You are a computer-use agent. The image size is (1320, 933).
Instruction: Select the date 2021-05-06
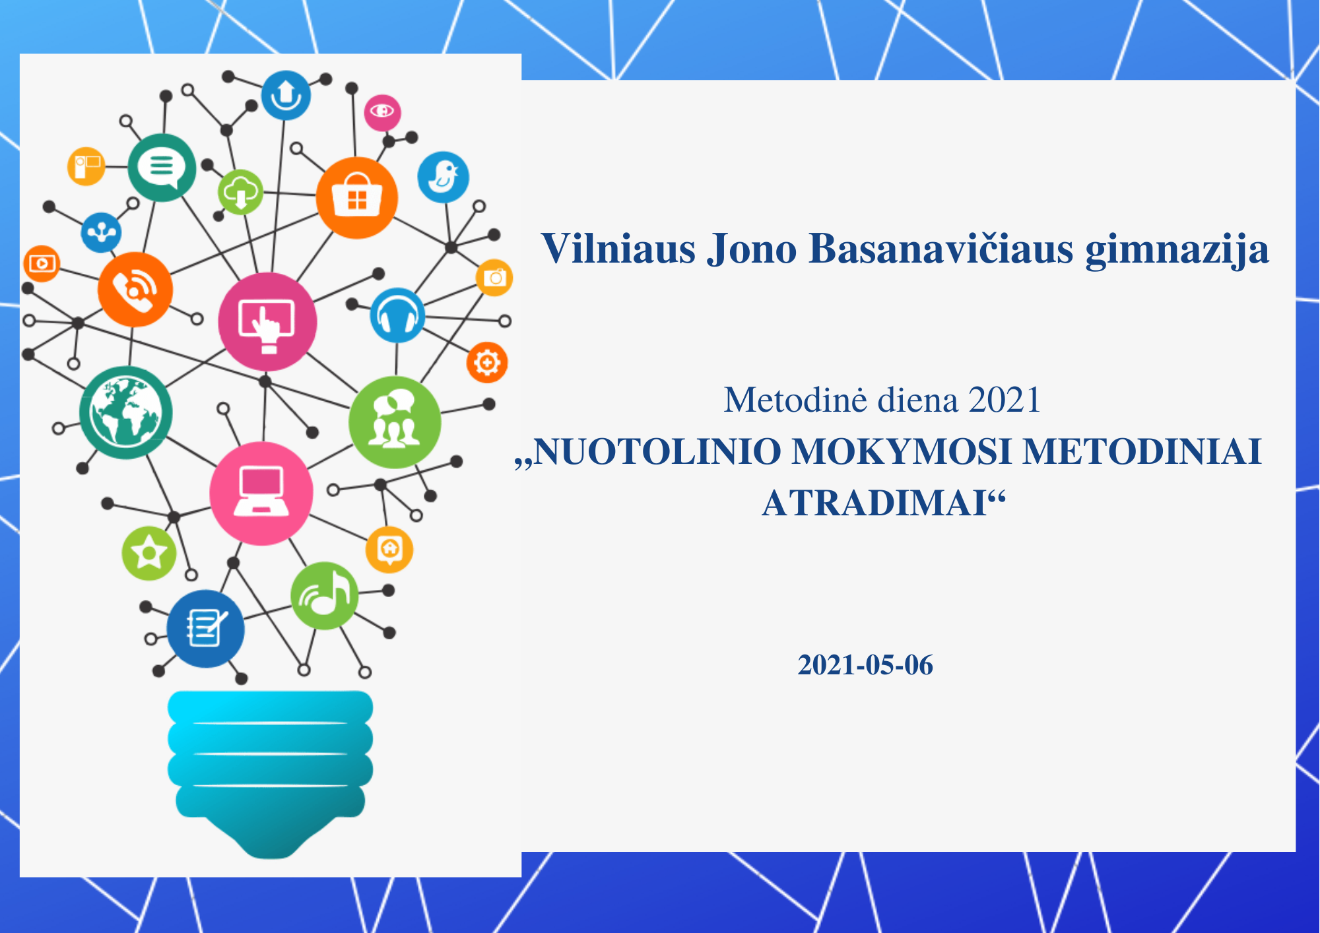[865, 665]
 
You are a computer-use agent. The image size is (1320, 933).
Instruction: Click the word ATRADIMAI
[874, 503]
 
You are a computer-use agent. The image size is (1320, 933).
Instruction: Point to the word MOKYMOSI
[902, 452]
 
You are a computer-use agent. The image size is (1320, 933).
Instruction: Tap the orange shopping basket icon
[356, 197]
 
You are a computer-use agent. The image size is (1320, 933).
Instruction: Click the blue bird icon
[443, 177]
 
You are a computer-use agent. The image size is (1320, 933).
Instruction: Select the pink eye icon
[382, 112]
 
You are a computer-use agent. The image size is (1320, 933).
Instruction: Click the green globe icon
[125, 413]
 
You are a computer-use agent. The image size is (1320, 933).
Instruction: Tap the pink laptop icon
[261, 494]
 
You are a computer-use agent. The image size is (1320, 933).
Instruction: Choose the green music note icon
[324, 596]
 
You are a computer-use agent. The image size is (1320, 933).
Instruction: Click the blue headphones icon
[397, 315]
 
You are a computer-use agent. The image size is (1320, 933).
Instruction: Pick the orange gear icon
[487, 362]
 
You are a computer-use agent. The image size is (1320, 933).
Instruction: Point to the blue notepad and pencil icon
[205, 629]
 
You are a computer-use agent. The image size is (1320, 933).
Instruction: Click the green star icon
[149, 553]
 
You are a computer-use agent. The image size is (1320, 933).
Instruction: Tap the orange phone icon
[135, 289]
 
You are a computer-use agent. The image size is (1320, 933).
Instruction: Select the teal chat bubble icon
[162, 168]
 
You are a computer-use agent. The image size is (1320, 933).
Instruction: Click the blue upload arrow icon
[286, 96]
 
